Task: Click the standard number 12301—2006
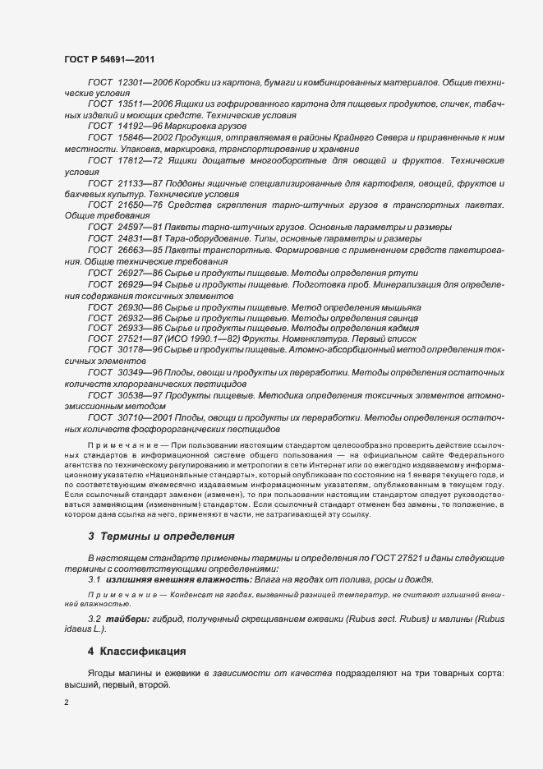[145, 84]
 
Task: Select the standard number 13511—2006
[145, 105]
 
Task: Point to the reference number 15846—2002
[145, 139]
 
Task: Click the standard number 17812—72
[139, 160]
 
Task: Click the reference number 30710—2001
[145, 417]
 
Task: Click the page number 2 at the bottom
[67, 702]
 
